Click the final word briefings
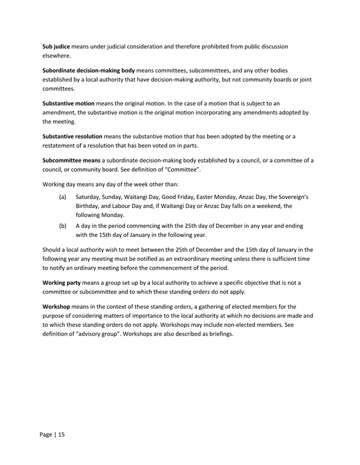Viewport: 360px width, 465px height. click(x=233, y=335)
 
